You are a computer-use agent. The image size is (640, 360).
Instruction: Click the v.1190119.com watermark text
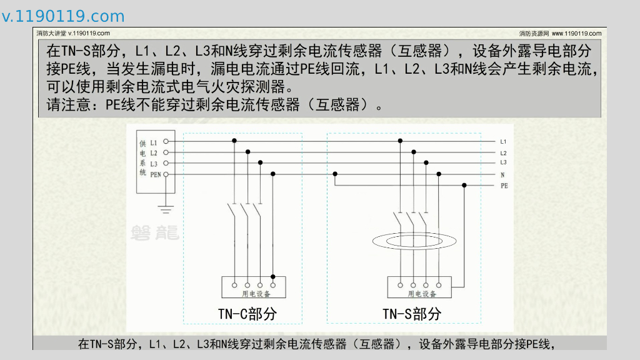(x=63, y=16)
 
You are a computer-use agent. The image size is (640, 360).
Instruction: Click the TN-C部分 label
(x=247, y=314)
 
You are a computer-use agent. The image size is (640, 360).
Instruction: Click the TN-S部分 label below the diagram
(x=412, y=314)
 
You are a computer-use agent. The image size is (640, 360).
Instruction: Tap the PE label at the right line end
(x=504, y=186)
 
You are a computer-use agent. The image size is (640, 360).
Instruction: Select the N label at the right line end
(x=502, y=174)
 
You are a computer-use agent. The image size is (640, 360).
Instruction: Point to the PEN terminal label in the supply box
(x=156, y=174)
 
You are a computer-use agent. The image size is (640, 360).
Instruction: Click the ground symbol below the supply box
(x=166, y=206)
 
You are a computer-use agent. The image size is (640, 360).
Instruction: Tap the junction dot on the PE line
(x=464, y=185)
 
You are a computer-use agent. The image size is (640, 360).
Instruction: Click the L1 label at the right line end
(x=503, y=141)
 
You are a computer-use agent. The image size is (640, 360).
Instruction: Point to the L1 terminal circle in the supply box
(x=166, y=142)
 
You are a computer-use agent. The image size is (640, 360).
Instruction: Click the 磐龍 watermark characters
(x=154, y=233)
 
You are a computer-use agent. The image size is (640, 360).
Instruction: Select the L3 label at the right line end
(x=503, y=162)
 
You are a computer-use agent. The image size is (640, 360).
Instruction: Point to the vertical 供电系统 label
(x=143, y=157)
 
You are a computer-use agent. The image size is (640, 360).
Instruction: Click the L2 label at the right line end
(x=503, y=152)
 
